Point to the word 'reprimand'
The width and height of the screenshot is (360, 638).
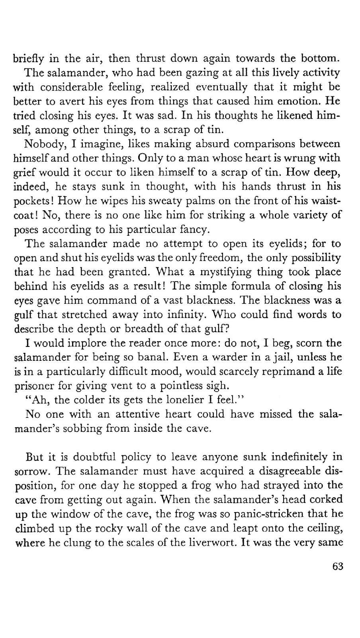[297, 372]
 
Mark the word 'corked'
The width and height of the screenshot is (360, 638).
[325, 499]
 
